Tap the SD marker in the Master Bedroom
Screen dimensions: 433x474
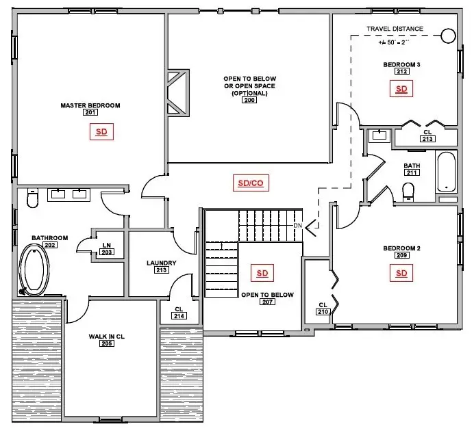[x=101, y=133]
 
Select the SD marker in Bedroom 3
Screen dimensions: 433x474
[x=401, y=89]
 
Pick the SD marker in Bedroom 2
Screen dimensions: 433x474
[x=401, y=274]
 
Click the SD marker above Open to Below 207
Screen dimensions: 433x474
[x=262, y=274]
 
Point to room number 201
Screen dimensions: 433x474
[x=90, y=113]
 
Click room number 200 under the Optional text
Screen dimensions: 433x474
[x=249, y=101]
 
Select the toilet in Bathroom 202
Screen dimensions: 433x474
[x=31, y=200]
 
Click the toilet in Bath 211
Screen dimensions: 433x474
[x=409, y=192]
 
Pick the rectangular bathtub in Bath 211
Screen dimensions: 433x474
[x=446, y=172]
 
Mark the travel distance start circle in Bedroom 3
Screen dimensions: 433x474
[x=448, y=36]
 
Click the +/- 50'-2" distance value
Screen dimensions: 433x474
[x=400, y=42]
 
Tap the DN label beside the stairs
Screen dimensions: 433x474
[x=297, y=226]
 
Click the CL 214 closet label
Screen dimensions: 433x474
[x=179, y=313]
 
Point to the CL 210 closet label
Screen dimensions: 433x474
[x=322, y=309]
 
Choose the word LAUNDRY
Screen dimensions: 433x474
[x=162, y=263]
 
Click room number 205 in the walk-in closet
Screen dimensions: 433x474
[x=107, y=343]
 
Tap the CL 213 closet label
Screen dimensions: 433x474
[x=428, y=135]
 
